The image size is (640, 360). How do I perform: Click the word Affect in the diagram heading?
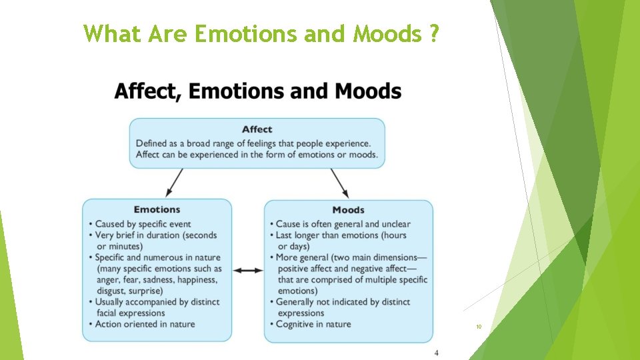coord(146,91)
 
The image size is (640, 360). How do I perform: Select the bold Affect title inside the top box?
coord(257,129)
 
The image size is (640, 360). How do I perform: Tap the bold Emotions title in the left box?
coord(157,209)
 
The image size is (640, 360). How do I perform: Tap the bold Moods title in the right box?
coord(348,210)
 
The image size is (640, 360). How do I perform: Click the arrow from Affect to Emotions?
coord(175,181)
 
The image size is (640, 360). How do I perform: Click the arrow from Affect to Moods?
coord(339,181)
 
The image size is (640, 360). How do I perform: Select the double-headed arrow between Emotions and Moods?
coord(248,270)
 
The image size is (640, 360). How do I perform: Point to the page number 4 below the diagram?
coord(436,353)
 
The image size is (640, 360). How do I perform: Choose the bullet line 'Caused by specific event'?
coord(143,224)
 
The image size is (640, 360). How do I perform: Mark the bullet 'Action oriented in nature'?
coord(145,324)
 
